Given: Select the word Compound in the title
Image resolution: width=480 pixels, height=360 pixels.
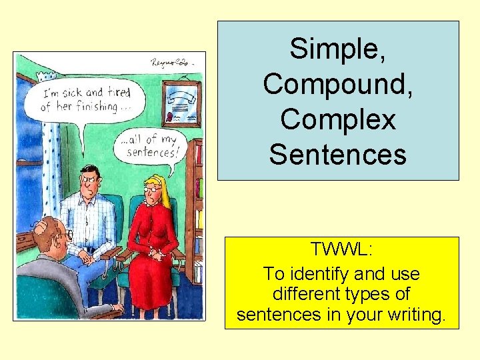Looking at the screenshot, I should (x=338, y=85).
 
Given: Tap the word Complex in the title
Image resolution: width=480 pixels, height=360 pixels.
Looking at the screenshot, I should (x=338, y=120).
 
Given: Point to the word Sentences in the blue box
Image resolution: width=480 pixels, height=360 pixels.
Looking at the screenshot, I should (x=338, y=155).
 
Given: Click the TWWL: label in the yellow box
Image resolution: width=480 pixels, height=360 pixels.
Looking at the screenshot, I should (x=341, y=250).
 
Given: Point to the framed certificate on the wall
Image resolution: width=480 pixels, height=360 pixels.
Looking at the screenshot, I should (x=181, y=104).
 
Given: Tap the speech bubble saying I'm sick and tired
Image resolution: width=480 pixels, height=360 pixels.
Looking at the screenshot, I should (x=79, y=100).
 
